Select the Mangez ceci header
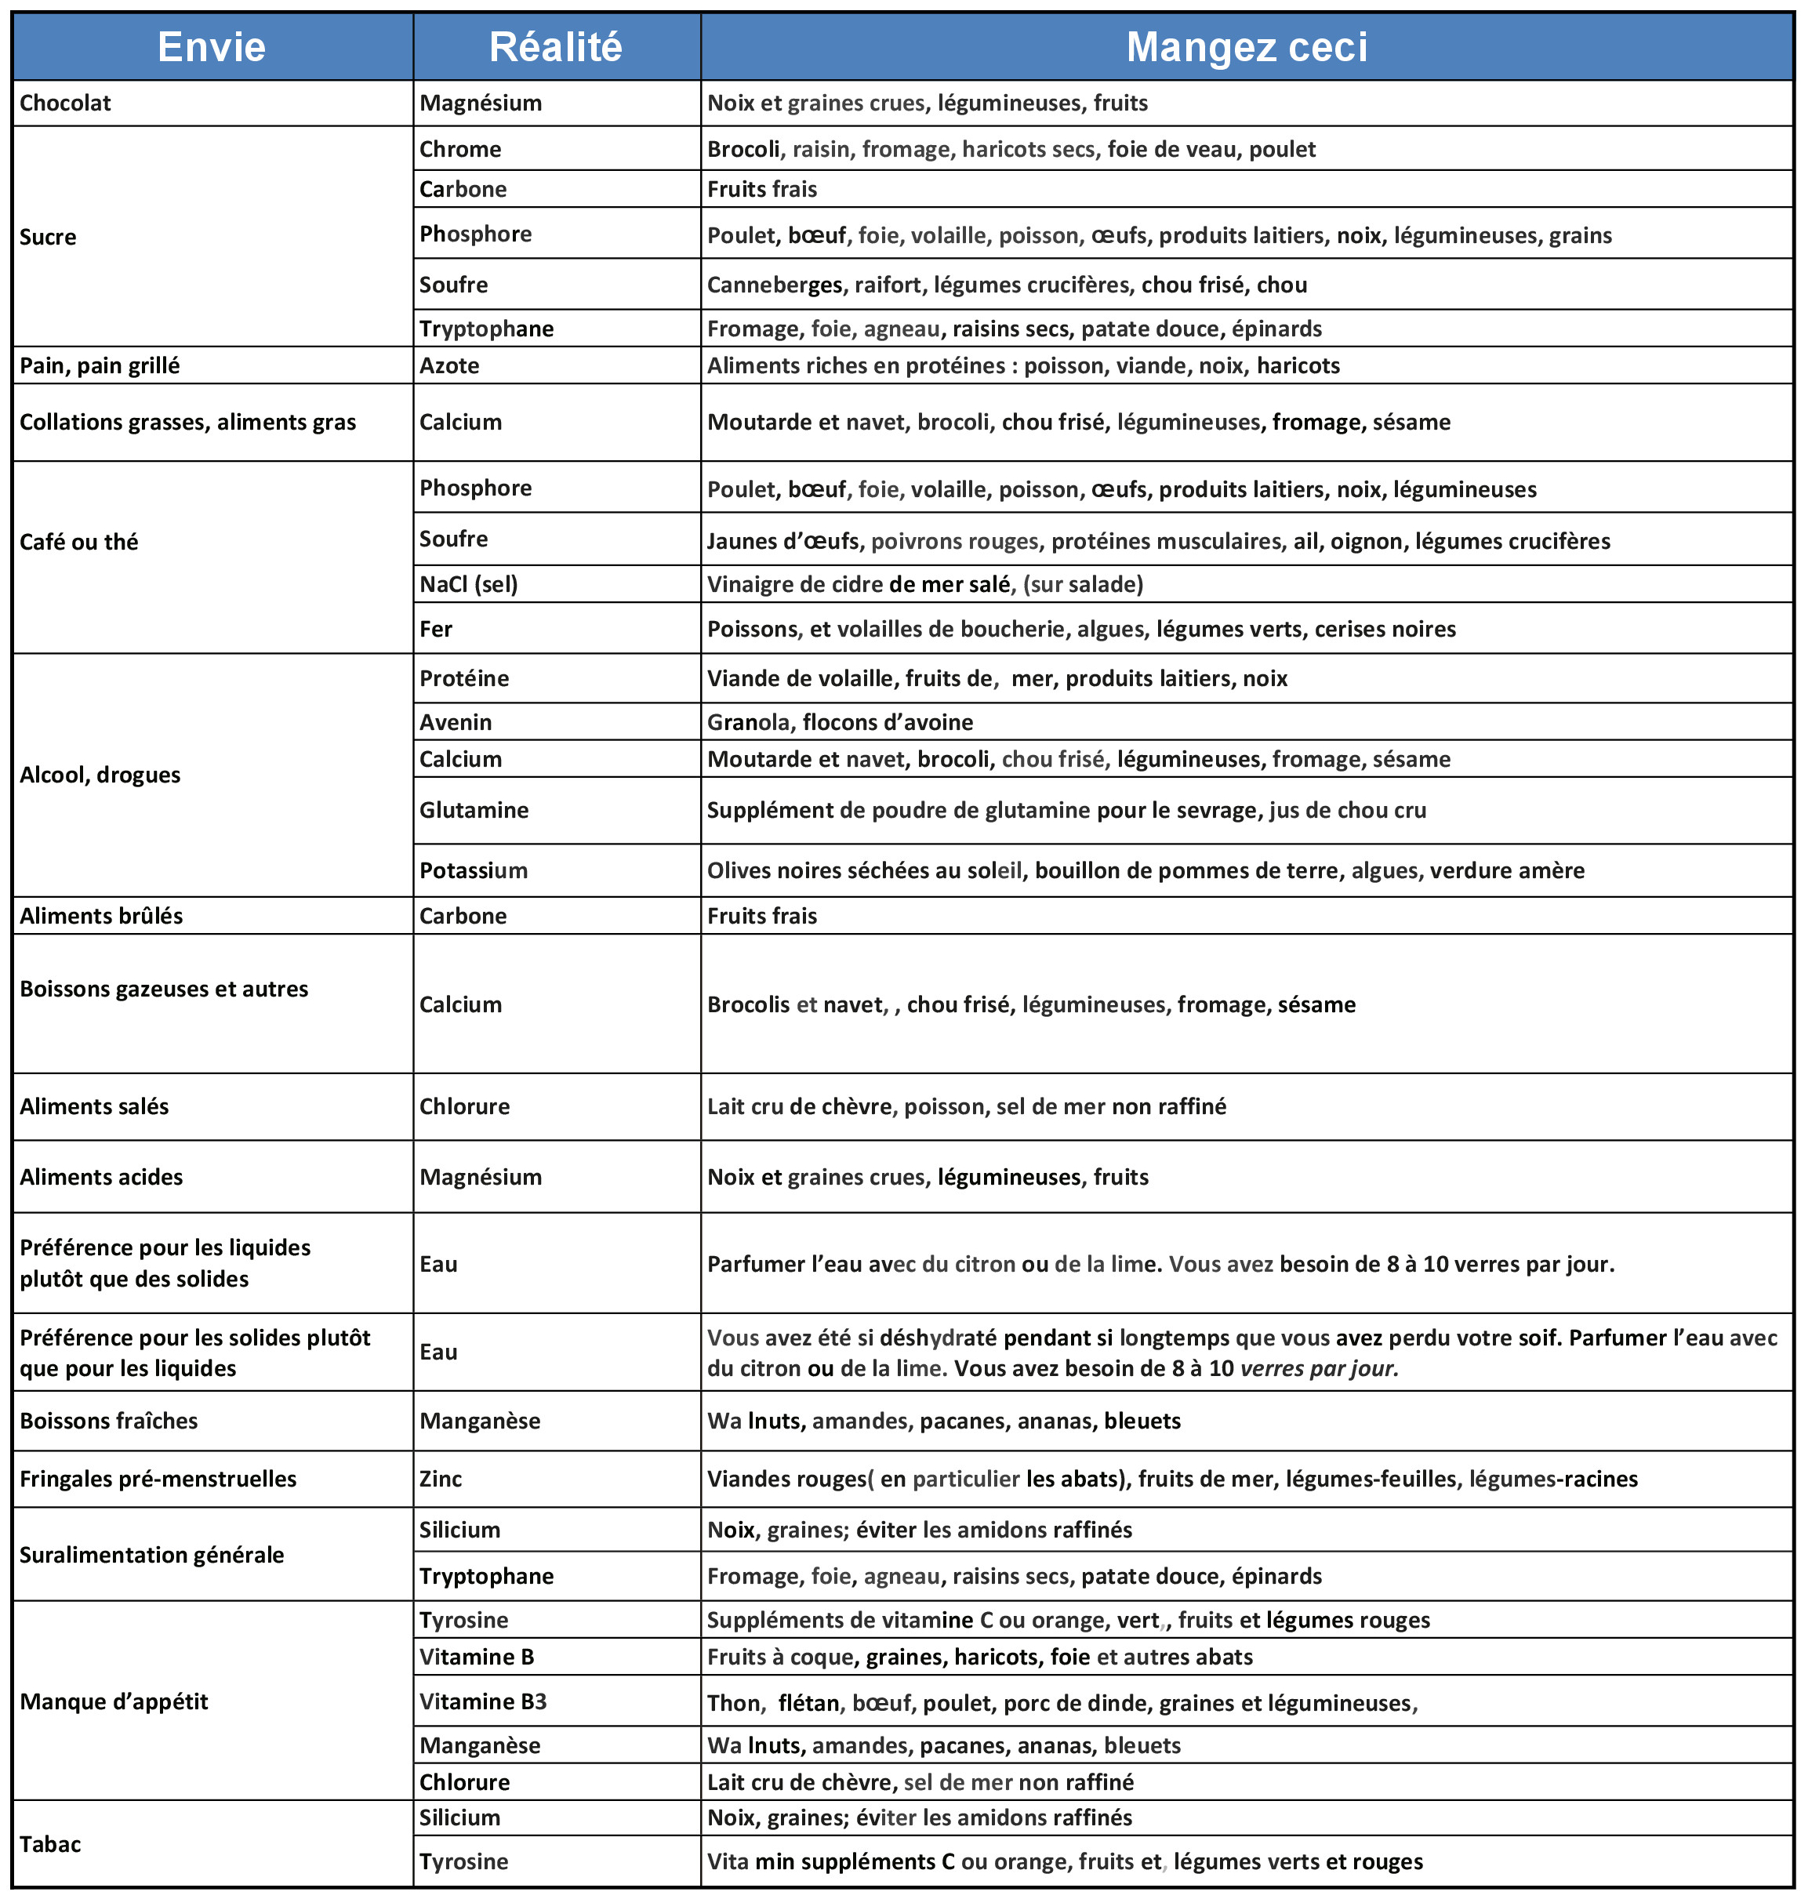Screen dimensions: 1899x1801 point(1246,47)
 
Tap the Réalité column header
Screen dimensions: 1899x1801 point(556,47)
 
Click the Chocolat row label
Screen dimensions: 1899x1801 point(65,103)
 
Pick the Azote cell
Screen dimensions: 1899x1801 point(449,366)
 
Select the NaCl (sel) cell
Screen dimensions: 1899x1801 point(469,583)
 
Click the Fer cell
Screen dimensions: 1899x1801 point(436,629)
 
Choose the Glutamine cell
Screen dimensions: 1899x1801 point(474,810)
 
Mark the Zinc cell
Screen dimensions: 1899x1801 point(441,1479)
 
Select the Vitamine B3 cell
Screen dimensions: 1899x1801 point(483,1701)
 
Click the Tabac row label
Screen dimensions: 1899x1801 point(51,1844)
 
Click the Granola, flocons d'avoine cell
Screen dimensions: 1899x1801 point(840,722)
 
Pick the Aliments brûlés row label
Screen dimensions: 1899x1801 point(101,916)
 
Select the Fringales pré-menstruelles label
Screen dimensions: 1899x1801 point(158,1479)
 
